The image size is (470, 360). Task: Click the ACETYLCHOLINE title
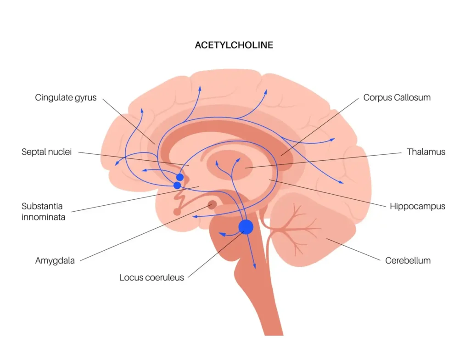coord(234,45)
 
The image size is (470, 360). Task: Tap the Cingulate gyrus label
coord(66,97)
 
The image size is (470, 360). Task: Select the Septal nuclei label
coord(46,152)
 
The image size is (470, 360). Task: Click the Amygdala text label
coord(55,261)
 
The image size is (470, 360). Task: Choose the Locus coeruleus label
coord(151,277)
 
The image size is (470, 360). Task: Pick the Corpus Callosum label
coord(397,97)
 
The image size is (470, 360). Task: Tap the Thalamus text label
coord(426,152)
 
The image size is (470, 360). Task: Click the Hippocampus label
coord(417,206)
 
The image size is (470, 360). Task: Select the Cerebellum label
coord(408,260)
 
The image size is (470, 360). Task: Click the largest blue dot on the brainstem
coord(246,227)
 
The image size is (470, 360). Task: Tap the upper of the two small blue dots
coord(180,177)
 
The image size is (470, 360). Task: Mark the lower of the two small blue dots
coord(177,186)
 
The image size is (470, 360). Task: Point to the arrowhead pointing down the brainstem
coord(254,266)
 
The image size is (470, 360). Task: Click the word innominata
coord(43,217)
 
